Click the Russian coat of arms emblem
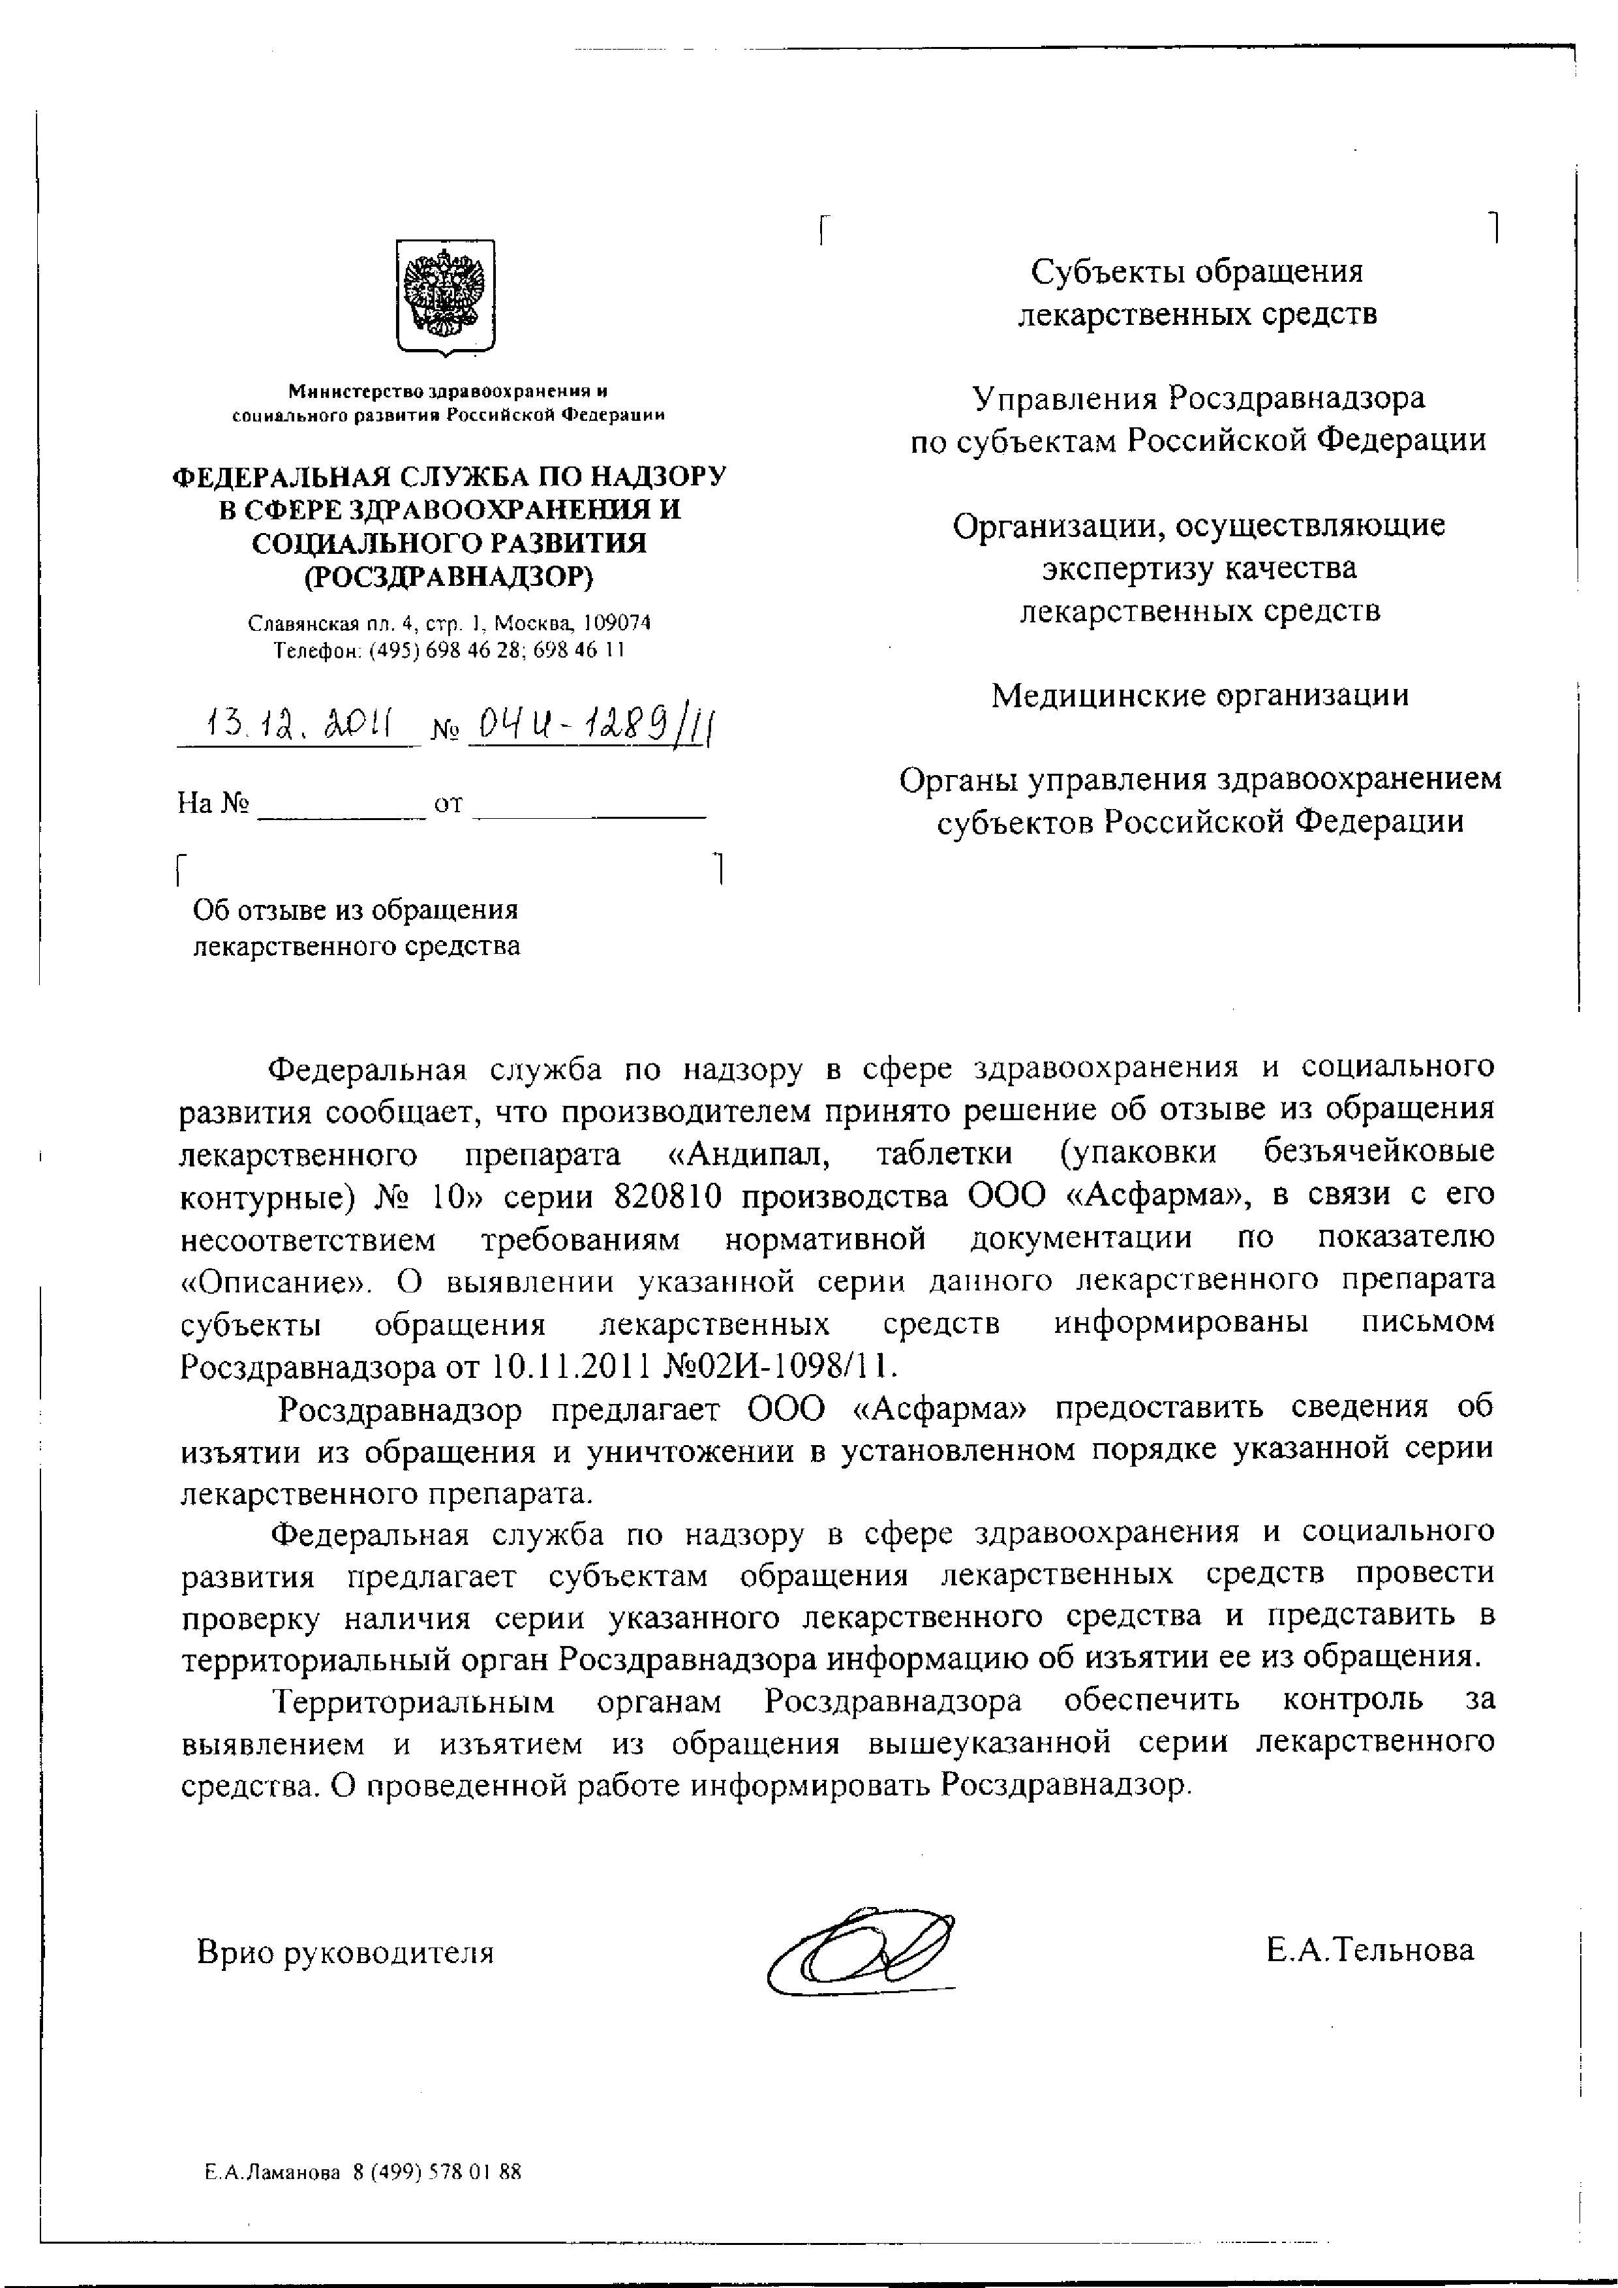point(446,296)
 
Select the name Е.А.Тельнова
point(1371,1949)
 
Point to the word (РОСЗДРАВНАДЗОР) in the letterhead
point(448,577)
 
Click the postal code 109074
point(618,624)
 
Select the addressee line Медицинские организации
point(1200,695)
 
